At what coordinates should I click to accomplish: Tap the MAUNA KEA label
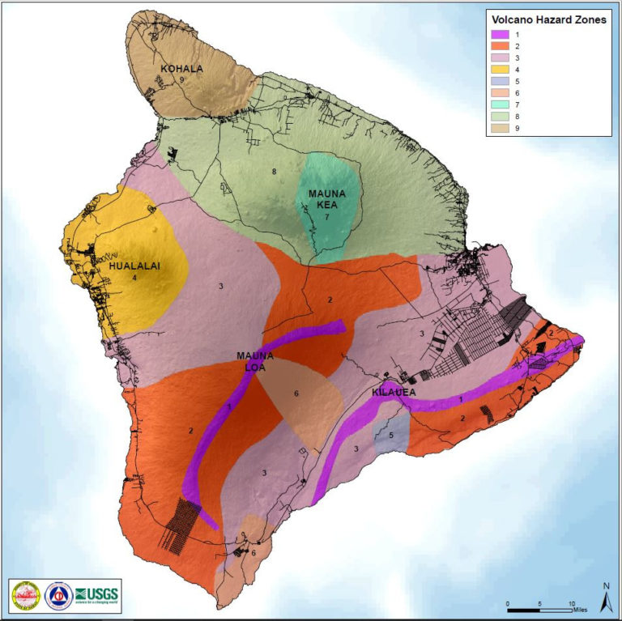(327, 200)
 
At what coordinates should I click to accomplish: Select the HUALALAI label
(134, 265)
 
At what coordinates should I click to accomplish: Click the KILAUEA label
(394, 393)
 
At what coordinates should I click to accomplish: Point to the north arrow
(604, 599)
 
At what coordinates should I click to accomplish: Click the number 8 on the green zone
(275, 172)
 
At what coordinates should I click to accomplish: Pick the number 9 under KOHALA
(183, 80)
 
